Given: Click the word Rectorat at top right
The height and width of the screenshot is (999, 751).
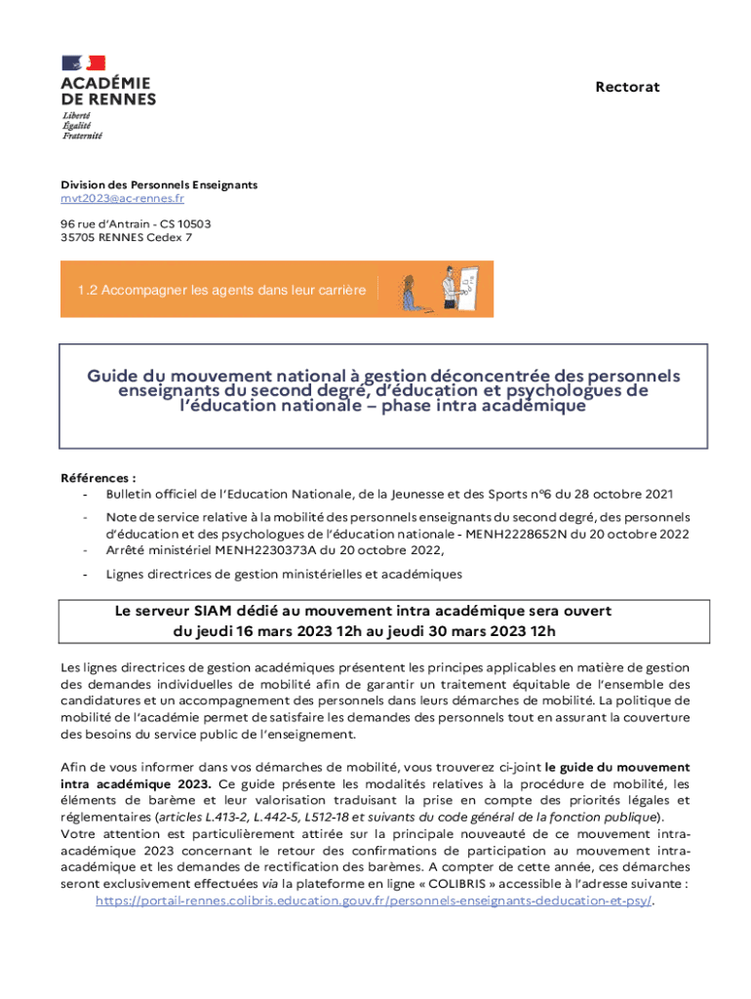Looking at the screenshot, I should click(x=627, y=87).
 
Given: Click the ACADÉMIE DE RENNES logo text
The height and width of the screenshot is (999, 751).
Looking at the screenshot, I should click(x=107, y=91).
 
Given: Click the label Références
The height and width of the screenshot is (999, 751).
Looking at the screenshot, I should click(x=98, y=478).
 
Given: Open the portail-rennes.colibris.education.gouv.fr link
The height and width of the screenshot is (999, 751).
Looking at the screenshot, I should click(x=374, y=900).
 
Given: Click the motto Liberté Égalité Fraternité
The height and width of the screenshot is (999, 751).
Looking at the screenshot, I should click(x=82, y=125).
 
